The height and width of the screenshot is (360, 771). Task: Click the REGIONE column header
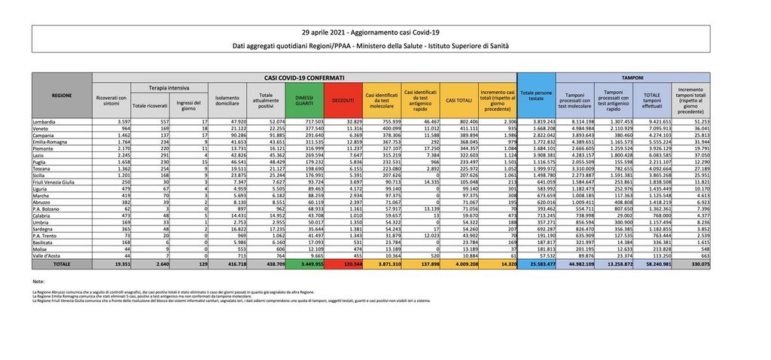(62, 96)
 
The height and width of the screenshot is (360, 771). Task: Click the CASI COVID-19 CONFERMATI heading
(304, 77)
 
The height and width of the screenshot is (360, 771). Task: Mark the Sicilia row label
(44, 174)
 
